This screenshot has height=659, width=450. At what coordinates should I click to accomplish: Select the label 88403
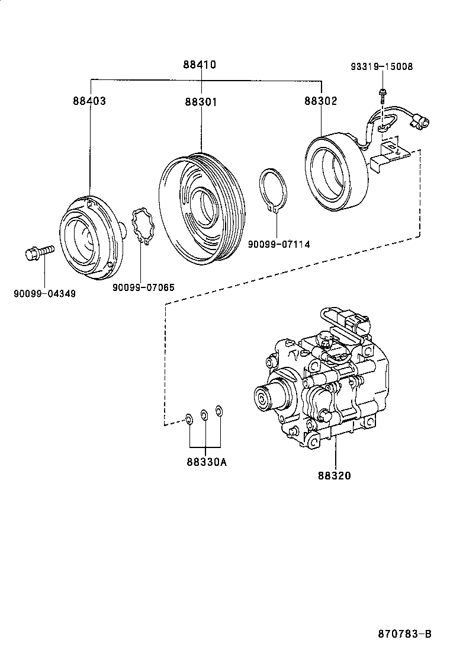point(89,101)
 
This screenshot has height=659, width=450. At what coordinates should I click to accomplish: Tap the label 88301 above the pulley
point(200,101)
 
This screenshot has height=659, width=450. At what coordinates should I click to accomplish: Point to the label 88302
point(321,101)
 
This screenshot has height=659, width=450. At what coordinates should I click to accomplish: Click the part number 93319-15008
point(381,67)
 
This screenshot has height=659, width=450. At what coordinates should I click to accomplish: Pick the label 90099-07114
point(278,244)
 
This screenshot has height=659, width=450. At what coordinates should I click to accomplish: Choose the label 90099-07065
point(143,287)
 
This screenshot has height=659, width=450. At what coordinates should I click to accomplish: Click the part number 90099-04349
point(44,293)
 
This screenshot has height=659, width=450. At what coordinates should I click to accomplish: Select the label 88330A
point(205,463)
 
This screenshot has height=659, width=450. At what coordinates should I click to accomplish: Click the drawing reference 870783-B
point(404,634)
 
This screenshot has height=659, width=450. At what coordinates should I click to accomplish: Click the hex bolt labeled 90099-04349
point(38,253)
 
